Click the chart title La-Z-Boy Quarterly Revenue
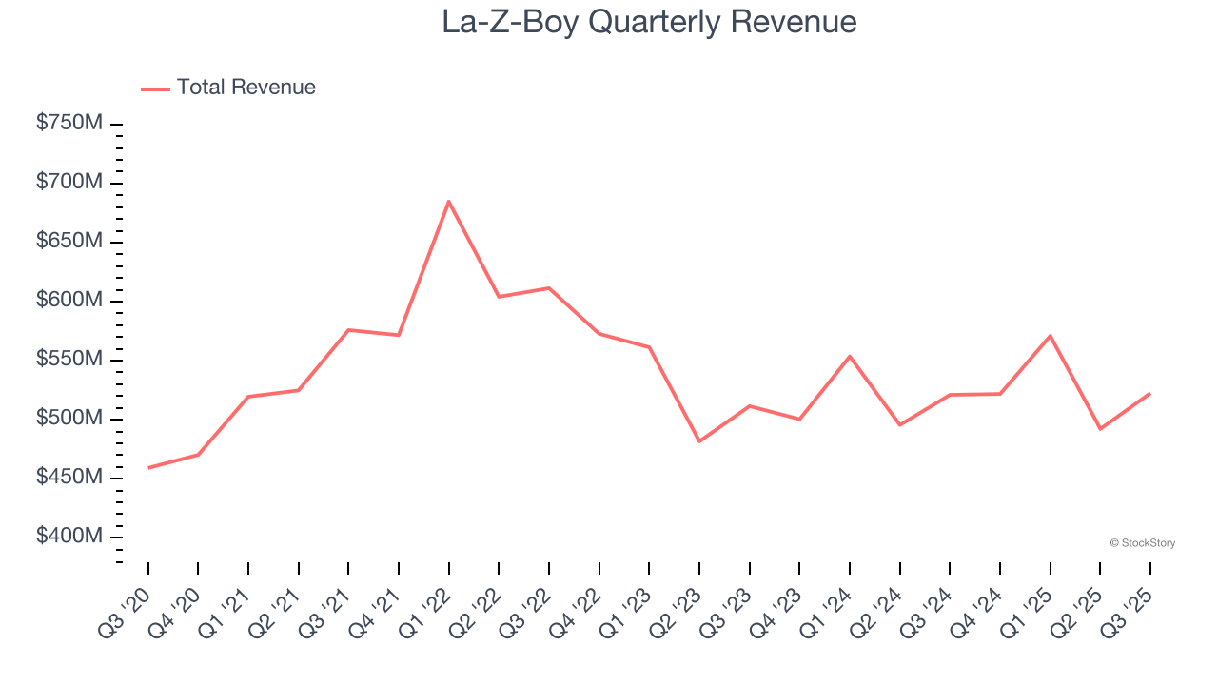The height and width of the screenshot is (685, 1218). tap(649, 22)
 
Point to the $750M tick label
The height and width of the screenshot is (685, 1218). tap(69, 124)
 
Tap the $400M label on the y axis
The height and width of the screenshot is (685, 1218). tap(69, 537)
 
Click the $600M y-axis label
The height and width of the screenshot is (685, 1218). tap(69, 301)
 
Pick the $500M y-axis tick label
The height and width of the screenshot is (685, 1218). tap(69, 419)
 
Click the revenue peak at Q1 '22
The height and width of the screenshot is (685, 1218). tap(448, 201)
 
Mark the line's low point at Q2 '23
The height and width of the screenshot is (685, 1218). tap(699, 441)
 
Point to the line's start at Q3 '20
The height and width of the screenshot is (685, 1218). tap(148, 468)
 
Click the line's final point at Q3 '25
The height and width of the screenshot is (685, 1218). tap(1150, 393)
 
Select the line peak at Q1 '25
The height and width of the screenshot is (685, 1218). tap(1051, 335)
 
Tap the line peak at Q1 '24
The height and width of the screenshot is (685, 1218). tap(850, 356)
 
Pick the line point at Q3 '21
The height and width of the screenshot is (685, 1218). tap(348, 330)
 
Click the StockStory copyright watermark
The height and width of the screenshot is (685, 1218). tap(1142, 543)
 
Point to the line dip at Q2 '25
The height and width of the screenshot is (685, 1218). tap(1100, 429)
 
